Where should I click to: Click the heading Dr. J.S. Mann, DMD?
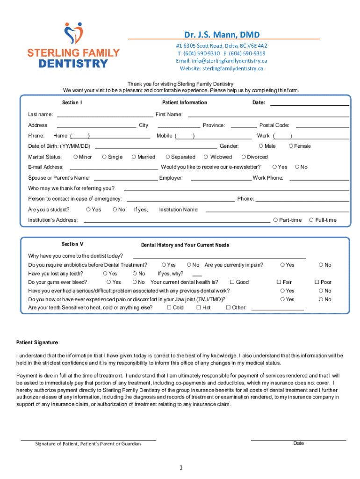tap(222, 35)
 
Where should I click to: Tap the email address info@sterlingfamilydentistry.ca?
tap(222, 61)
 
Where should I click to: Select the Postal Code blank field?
tap(323, 125)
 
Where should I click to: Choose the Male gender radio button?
tap(261, 146)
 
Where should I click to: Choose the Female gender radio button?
tap(291, 146)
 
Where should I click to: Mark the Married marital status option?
tap(134, 157)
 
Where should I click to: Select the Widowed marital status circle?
tap(206, 157)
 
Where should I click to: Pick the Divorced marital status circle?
tap(244, 157)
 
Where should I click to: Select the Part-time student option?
tap(276, 220)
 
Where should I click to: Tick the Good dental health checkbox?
tap(232, 282)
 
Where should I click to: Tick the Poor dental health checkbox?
tap(317, 282)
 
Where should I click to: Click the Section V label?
tap(72, 244)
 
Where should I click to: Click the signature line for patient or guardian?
tap(88, 439)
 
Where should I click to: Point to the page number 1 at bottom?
tap(180, 467)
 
